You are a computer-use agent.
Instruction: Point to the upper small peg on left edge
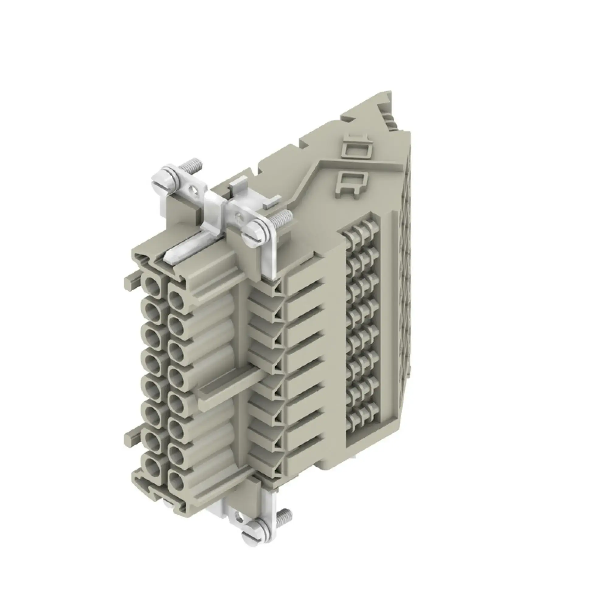[130, 280]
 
